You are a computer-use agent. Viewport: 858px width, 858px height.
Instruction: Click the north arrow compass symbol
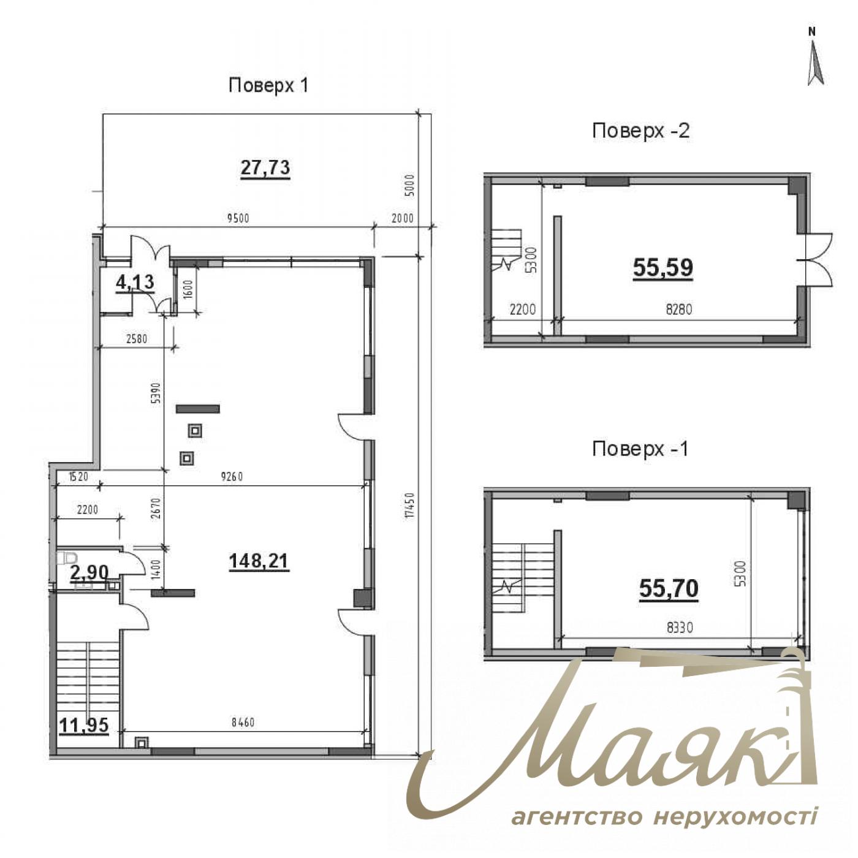pyautogui.click(x=814, y=58)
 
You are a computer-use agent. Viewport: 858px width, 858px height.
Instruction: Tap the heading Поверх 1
pyautogui.click(x=268, y=85)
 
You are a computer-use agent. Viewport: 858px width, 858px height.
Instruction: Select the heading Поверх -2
pyautogui.click(x=640, y=131)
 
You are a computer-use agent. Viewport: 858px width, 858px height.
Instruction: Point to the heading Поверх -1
pyautogui.click(x=640, y=449)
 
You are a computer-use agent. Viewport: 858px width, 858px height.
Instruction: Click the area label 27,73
pyautogui.click(x=265, y=167)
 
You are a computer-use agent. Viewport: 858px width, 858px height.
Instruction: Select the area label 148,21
pyautogui.click(x=258, y=560)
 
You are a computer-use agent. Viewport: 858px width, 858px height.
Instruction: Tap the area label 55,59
pyautogui.click(x=662, y=267)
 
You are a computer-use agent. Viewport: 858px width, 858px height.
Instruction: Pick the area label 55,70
pyautogui.click(x=669, y=588)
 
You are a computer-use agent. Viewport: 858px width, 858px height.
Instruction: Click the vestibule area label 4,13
pyautogui.click(x=135, y=283)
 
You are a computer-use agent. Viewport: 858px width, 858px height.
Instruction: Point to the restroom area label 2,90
pyautogui.click(x=89, y=573)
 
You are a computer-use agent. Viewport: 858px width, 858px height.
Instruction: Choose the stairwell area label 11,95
pyautogui.click(x=84, y=726)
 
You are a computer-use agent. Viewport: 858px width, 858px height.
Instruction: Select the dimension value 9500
pyautogui.click(x=238, y=218)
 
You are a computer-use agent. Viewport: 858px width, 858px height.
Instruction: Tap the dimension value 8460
pyautogui.click(x=243, y=723)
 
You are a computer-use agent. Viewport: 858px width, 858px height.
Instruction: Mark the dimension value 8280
pyautogui.click(x=678, y=309)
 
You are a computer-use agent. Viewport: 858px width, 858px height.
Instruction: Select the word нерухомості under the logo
pyautogui.click(x=735, y=817)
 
